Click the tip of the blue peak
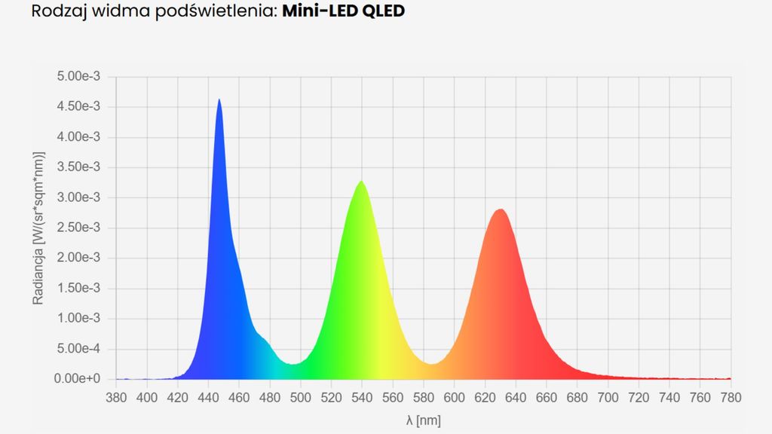[x=219, y=99]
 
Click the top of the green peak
[x=362, y=182]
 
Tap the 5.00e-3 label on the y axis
[x=79, y=77]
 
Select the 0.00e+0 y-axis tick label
[x=78, y=379]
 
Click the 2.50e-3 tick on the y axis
[x=79, y=228]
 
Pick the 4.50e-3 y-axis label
[x=79, y=107]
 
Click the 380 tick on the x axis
[x=116, y=396]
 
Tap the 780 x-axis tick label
[x=731, y=396]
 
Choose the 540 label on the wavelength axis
[x=362, y=396]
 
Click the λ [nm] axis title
[x=423, y=418]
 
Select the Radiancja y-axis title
[x=38, y=227]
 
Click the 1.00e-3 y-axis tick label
[x=79, y=318]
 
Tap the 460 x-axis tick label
[x=239, y=396]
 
